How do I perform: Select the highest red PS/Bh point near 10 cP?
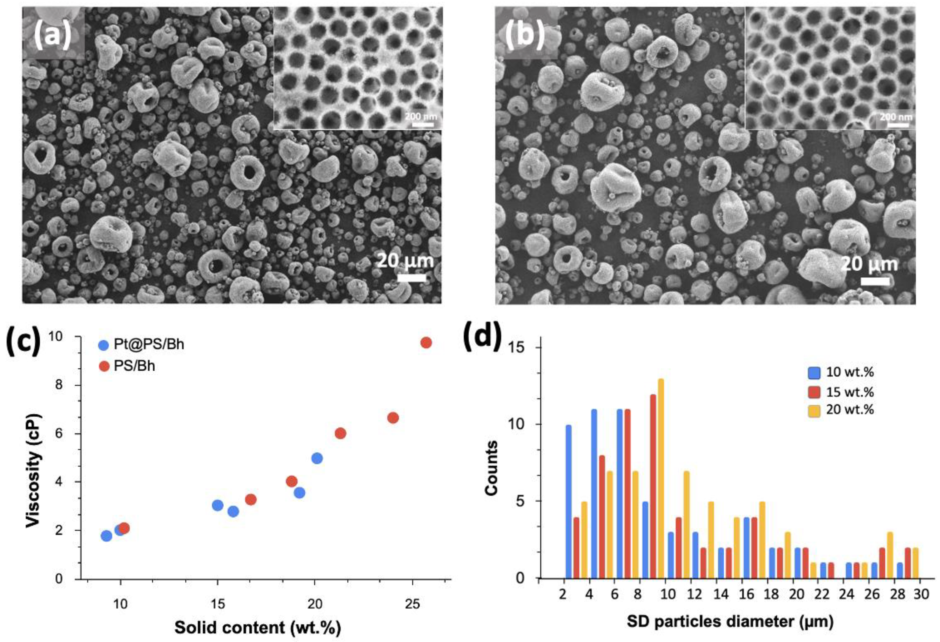point(426,342)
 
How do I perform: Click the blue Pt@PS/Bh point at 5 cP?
point(317,458)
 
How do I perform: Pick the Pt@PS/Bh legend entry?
point(142,344)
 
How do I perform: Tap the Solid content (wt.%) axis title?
point(258,627)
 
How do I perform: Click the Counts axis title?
point(491,468)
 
